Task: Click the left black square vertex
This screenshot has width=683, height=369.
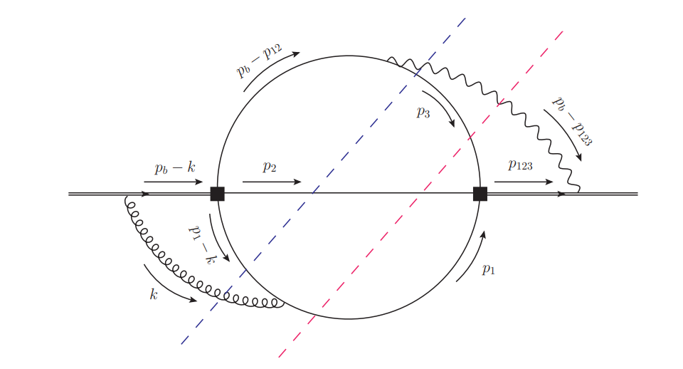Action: point(217,194)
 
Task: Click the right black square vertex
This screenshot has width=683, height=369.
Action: point(480,194)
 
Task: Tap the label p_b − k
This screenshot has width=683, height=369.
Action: point(174,169)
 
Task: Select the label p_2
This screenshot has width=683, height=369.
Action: point(269,167)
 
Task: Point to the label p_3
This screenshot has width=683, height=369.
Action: point(423,112)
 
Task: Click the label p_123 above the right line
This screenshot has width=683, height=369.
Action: point(520,165)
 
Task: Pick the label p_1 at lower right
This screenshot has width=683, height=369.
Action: point(488,269)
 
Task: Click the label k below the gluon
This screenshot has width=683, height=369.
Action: point(153,293)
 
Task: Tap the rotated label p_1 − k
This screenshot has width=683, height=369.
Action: point(201,244)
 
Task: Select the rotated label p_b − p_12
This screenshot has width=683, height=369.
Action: point(259,60)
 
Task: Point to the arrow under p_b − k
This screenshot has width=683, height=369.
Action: point(174,182)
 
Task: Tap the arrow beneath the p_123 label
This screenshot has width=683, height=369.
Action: point(523,182)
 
